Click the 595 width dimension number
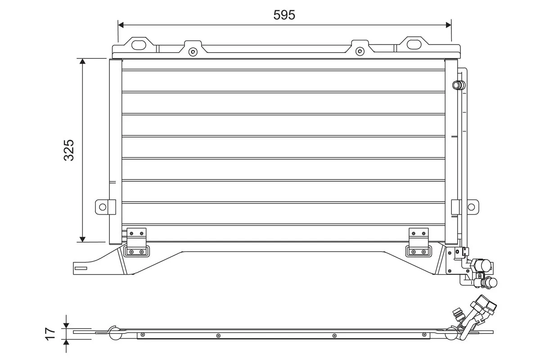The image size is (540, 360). click(x=284, y=15)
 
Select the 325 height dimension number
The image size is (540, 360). click(x=69, y=150)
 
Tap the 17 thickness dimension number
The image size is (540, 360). click(x=50, y=333)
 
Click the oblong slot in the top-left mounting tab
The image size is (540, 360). click(x=140, y=45)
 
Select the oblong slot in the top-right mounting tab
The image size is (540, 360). click(x=414, y=45)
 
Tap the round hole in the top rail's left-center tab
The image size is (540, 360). click(x=193, y=51)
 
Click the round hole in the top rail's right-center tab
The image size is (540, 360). click(x=359, y=51)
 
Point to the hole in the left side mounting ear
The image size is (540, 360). click(x=103, y=207)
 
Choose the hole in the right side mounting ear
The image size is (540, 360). click(x=471, y=207)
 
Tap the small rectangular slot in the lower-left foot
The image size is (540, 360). click(x=81, y=269)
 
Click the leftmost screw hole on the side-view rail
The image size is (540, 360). click(x=143, y=335)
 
